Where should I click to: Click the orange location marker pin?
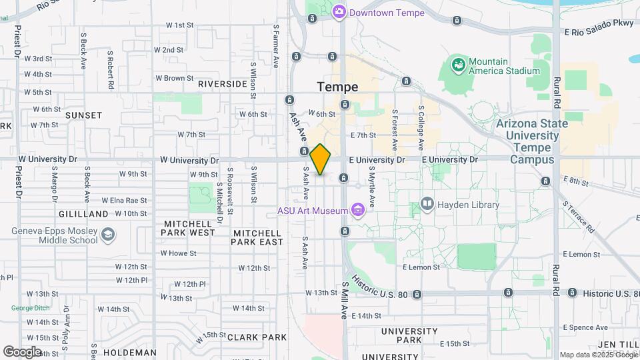[x=321, y=159]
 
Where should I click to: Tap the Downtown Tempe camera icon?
[x=339, y=12]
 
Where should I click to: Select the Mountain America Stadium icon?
[x=458, y=65]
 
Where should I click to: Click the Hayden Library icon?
[x=427, y=203]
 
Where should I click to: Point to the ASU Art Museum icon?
[x=358, y=211]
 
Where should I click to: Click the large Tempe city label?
[x=337, y=87]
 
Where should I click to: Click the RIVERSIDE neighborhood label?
[x=223, y=84]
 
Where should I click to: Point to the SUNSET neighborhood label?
[x=84, y=115]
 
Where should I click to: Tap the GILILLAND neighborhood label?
[x=83, y=214]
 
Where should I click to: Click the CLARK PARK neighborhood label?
[x=252, y=337]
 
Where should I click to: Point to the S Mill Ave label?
[x=345, y=300]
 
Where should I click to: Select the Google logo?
[x=22, y=352]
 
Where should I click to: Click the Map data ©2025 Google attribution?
[x=597, y=355]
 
